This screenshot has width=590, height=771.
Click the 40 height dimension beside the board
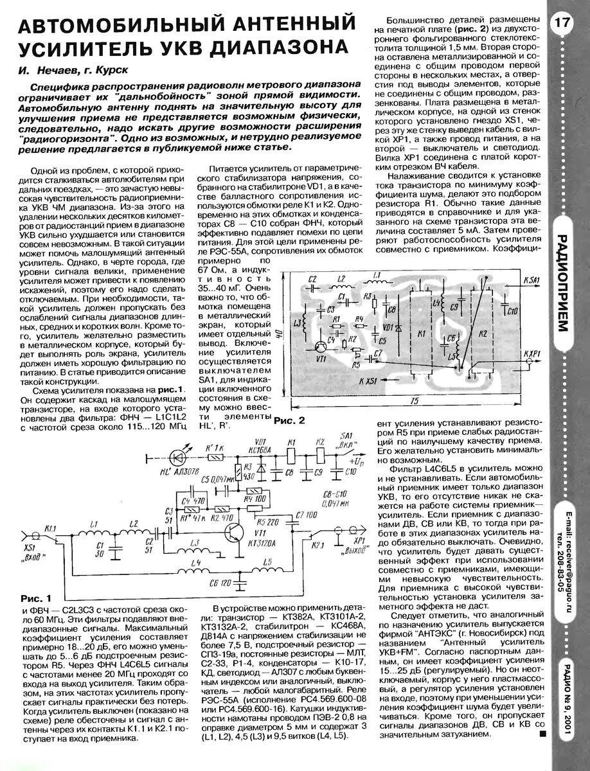point(280,333)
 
